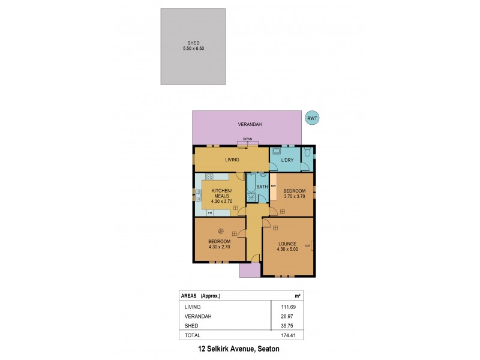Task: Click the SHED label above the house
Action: pyautogui.click(x=193, y=43)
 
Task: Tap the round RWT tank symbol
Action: pyautogui.click(x=311, y=119)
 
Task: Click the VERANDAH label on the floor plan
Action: pyautogui.click(x=247, y=125)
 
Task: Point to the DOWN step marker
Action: pyautogui.click(x=247, y=139)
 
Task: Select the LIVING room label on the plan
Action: pyautogui.click(x=232, y=160)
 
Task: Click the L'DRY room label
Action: pyautogui.click(x=287, y=160)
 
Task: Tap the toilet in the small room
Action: pyautogui.click(x=307, y=152)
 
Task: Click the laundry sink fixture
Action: pyautogui.click(x=277, y=151)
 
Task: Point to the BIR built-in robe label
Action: pyautogui.click(x=273, y=187)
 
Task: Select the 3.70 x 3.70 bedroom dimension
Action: pyautogui.click(x=295, y=196)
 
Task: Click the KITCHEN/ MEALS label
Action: pyautogui.click(x=221, y=194)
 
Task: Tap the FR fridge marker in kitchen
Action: pyautogui.click(x=210, y=213)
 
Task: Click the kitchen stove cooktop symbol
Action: pyautogui.click(x=211, y=176)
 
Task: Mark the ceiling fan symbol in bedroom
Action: pyautogui.click(x=220, y=231)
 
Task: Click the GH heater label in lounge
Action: pyautogui.click(x=307, y=246)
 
